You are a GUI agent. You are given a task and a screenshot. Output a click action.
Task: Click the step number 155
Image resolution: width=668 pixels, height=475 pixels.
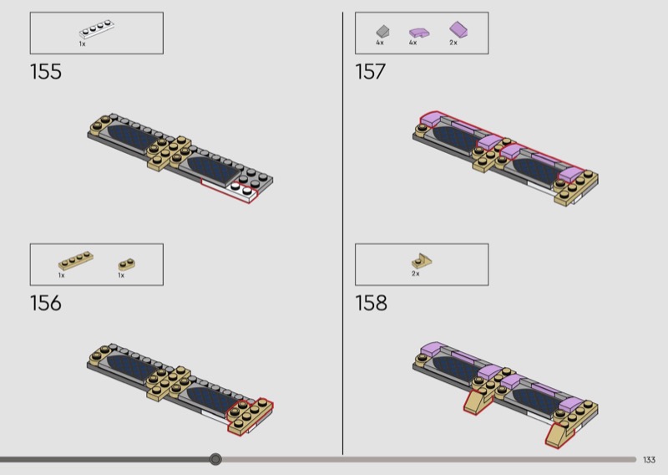[x=46, y=72]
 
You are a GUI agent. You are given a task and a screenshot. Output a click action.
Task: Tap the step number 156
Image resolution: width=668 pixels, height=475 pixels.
[x=46, y=303]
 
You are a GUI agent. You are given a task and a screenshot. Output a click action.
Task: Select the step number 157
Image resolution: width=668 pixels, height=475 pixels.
[x=370, y=72]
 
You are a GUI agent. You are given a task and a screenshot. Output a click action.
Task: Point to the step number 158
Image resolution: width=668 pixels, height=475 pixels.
[x=371, y=303]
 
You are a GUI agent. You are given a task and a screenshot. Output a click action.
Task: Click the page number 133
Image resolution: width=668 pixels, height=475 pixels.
[x=649, y=460]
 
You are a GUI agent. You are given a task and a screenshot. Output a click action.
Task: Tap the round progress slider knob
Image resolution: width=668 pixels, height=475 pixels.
[x=215, y=459]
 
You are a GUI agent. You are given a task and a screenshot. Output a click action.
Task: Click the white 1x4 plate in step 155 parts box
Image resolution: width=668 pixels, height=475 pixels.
[x=97, y=30]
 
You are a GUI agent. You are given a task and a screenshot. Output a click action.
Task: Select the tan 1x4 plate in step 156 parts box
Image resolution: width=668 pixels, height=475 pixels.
[x=76, y=261]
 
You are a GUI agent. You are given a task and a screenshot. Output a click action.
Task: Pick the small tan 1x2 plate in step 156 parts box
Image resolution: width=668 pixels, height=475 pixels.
[x=127, y=264]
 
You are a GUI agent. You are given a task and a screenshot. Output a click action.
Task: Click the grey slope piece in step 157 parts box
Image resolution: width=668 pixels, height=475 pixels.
[x=382, y=31]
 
